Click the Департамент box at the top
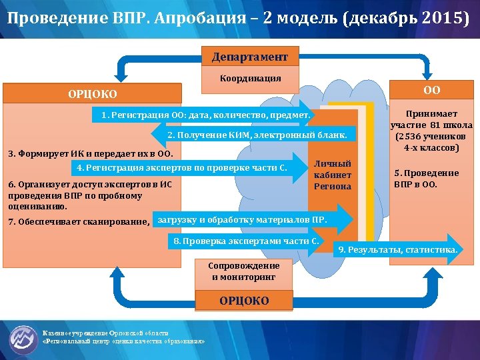point(250,57)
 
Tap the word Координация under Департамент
point(250,78)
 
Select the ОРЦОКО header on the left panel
point(92,94)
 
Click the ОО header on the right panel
point(431,90)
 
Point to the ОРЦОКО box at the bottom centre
point(245,301)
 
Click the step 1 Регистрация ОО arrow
point(205,115)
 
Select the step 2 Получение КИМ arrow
point(257,135)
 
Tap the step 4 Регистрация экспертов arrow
point(181,167)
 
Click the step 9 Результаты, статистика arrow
point(398,249)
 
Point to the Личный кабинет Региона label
point(332,175)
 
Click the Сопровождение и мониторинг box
point(245,271)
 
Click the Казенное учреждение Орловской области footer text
point(105,333)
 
